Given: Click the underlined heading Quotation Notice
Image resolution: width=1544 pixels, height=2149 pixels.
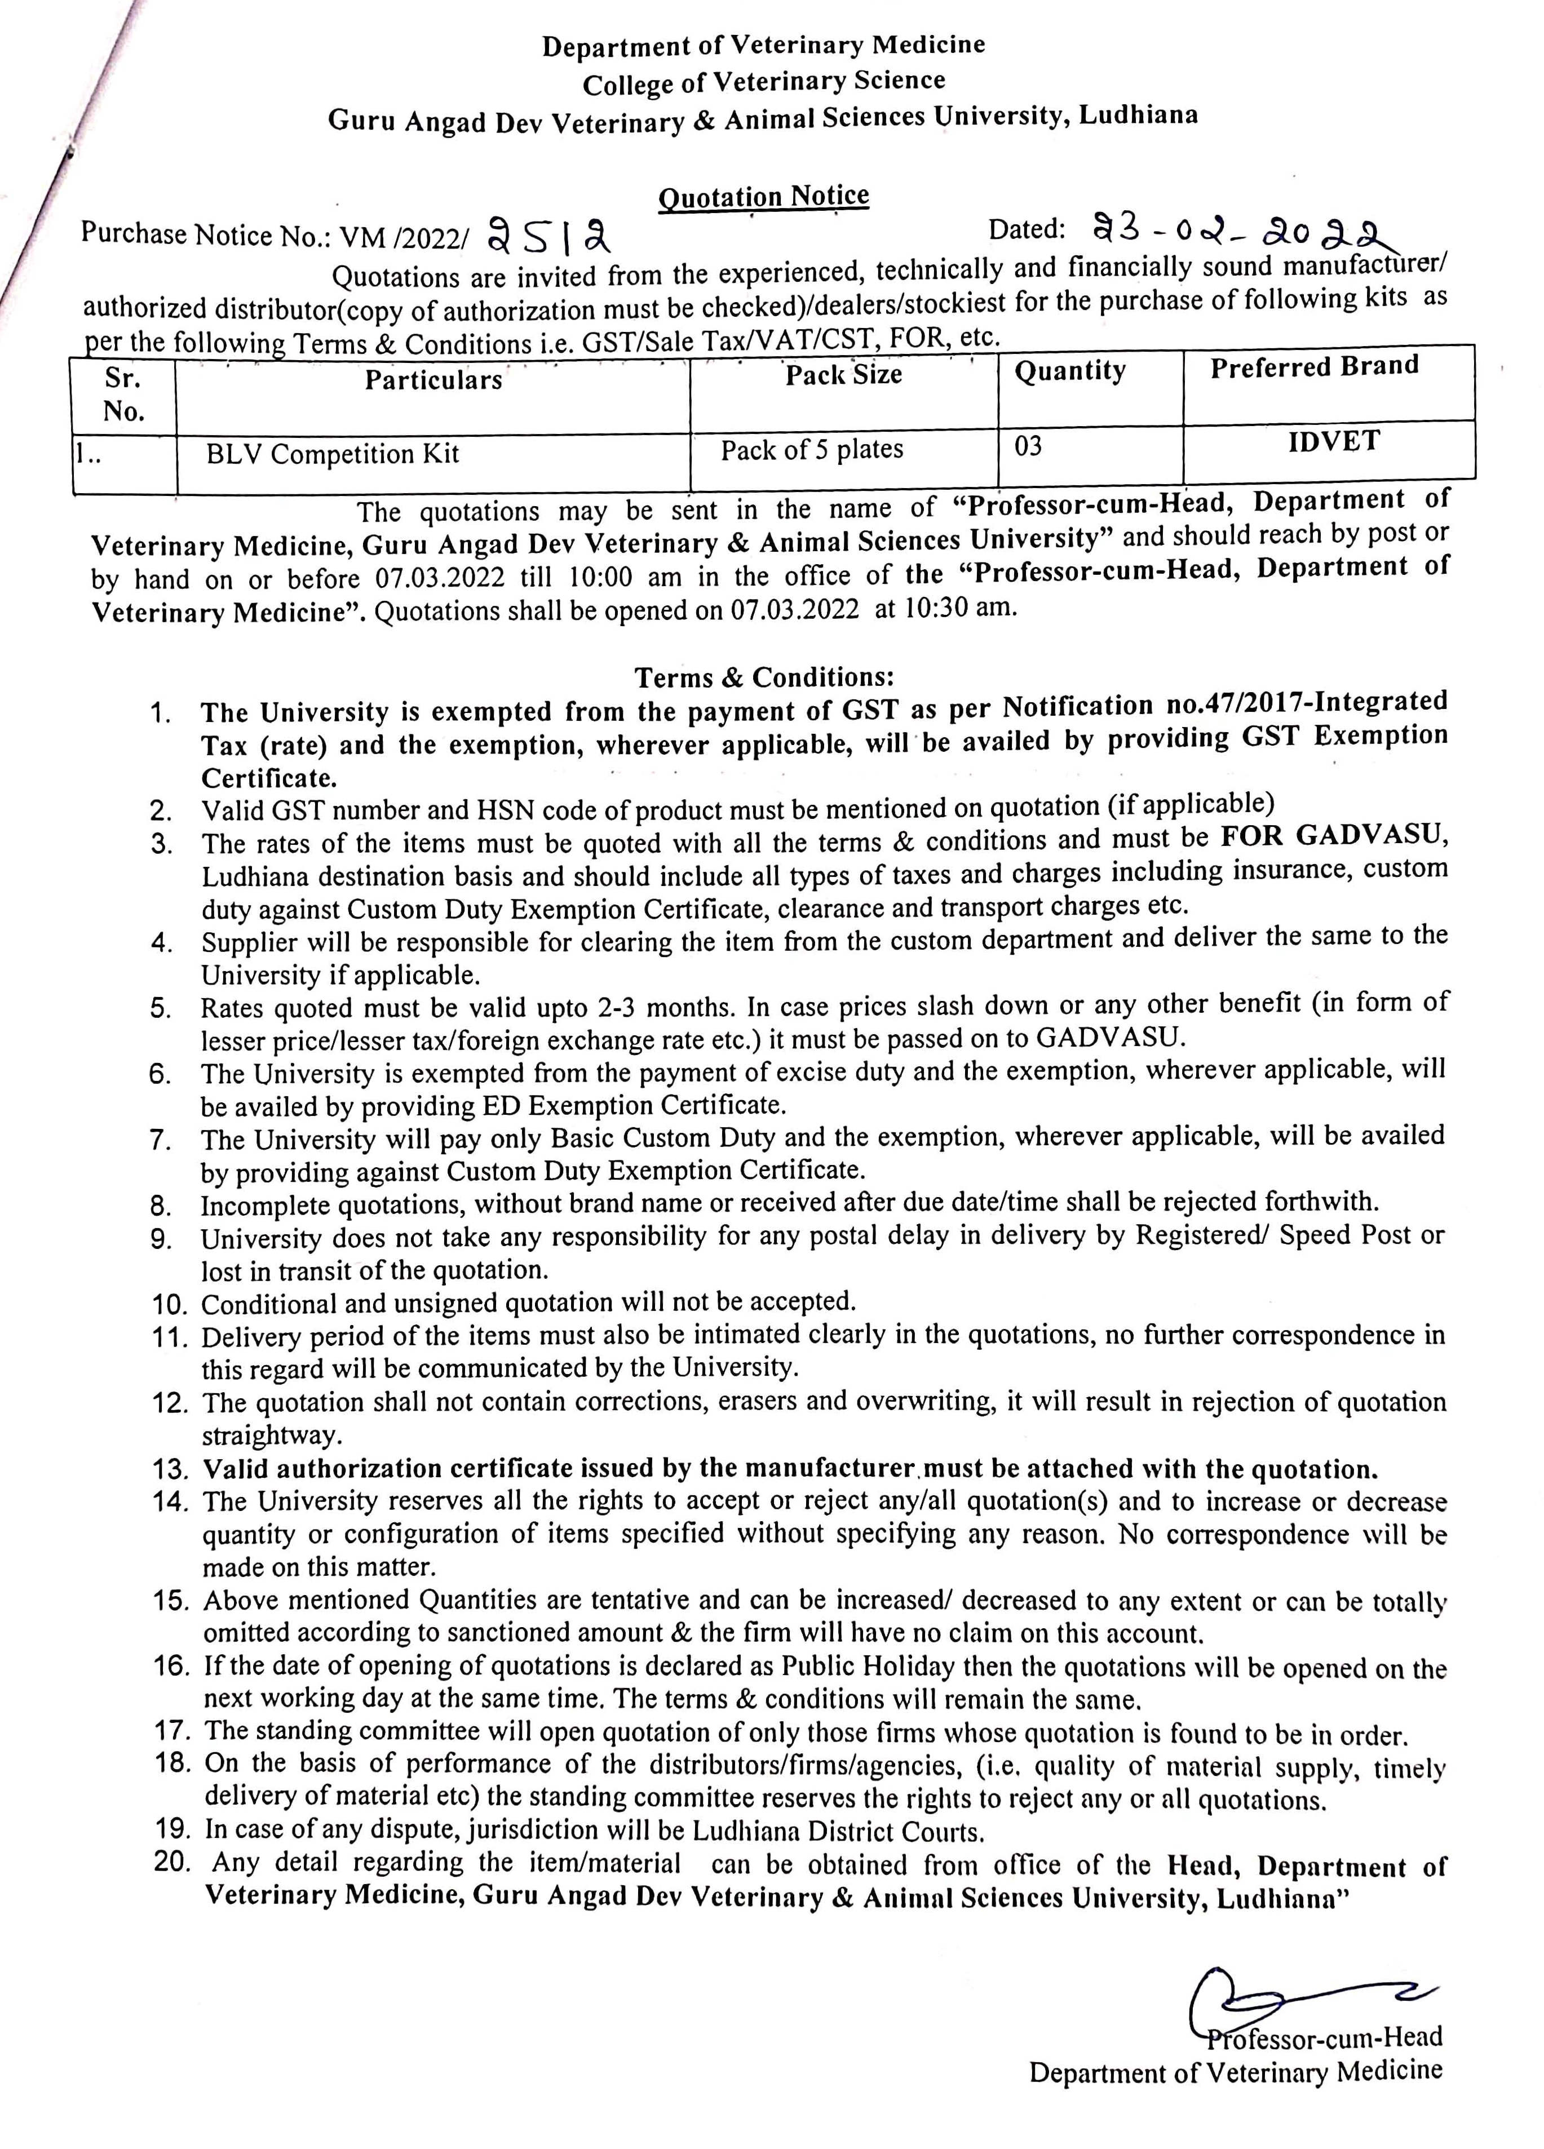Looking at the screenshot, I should click(x=763, y=196).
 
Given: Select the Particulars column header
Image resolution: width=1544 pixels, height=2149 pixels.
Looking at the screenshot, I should click(x=433, y=380).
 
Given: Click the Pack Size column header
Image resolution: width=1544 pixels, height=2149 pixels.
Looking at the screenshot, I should click(x=843, y=374).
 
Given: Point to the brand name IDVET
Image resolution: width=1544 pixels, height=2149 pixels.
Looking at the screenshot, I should click(x=1333, y=441).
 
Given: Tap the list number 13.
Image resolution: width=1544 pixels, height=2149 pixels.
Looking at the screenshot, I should click(x=171, y=1470).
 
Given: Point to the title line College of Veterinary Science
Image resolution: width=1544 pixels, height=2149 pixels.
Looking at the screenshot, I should click(x=763, y=82).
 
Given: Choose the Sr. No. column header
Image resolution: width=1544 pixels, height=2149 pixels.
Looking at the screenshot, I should click(x=123, y=394).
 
